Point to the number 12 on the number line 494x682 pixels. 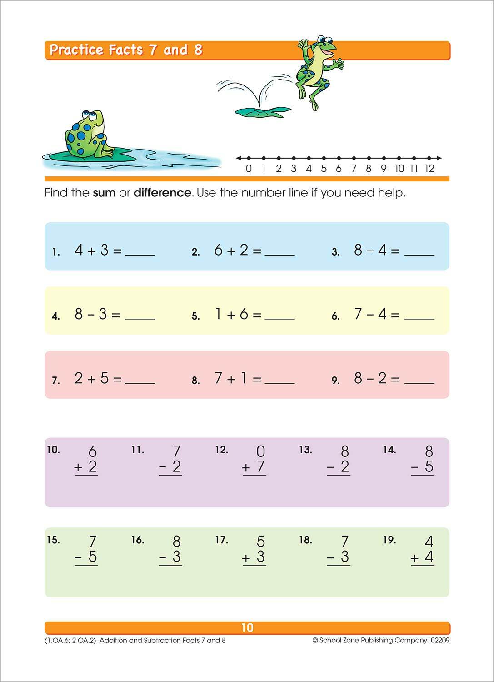(x=429, y=169)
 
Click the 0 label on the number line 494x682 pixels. (x=249, y=169)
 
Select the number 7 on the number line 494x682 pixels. (x=354, y=169)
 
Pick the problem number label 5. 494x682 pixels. (x=195, y=316)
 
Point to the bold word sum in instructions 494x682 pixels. (x=104, y=193)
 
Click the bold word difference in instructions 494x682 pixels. (x=162, y=193)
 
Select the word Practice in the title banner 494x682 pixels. (x=77, y=50)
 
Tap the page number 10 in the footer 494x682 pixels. (x=247, y=628)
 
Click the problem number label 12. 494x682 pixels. (x=221, y=450)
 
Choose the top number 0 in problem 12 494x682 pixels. (x=260, y=451)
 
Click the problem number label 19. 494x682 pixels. (x=389, y=540)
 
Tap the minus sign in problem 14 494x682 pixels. (x=414, y=468)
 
